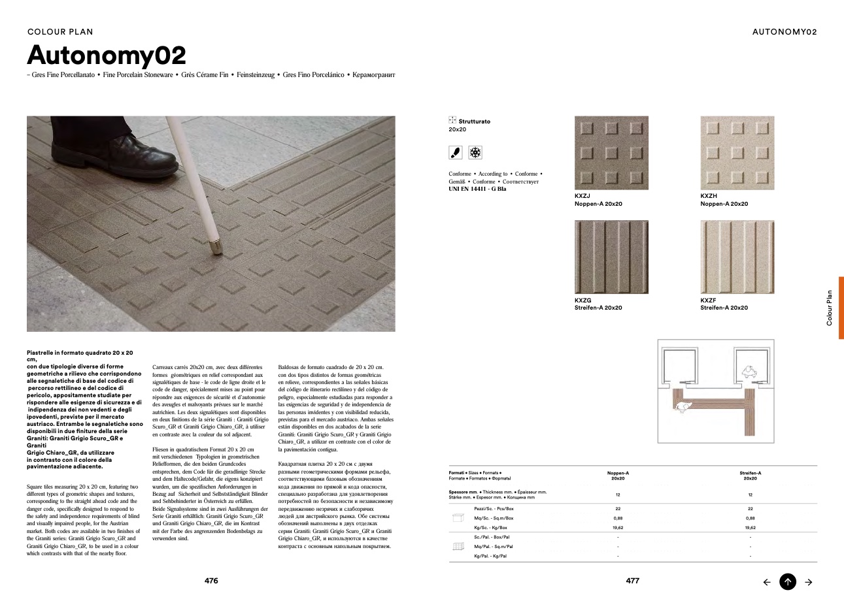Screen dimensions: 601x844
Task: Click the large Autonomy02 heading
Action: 107,55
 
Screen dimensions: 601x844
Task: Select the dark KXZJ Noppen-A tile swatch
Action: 611,153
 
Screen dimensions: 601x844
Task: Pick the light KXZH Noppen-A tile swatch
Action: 737,153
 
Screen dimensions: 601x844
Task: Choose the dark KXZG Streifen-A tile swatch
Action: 611,257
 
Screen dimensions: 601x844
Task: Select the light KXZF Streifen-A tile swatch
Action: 737,257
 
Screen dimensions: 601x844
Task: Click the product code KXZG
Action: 582,300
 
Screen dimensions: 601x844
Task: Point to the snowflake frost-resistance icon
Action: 475,153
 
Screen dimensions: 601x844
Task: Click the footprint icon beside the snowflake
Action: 456,153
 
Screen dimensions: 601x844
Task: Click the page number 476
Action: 211,581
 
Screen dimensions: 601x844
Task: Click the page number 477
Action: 632,581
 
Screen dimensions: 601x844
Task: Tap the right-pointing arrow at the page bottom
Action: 809,582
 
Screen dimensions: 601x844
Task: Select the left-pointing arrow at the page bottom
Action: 768,582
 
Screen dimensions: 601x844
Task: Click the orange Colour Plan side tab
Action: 841,308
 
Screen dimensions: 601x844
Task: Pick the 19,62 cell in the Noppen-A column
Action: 618,527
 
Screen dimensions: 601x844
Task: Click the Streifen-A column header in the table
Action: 750,476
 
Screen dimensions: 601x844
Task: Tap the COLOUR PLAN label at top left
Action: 61,31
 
